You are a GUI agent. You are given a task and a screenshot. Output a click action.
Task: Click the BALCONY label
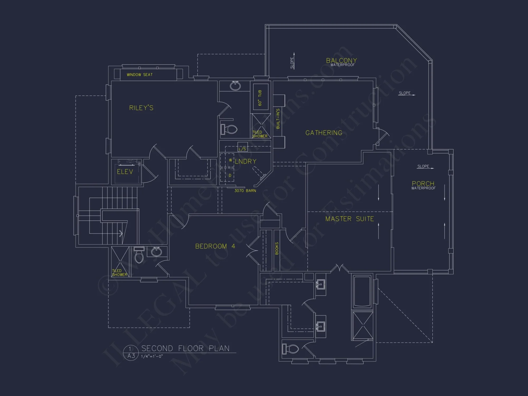coord(341,61)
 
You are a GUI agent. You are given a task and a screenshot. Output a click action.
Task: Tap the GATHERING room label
coord(324,133)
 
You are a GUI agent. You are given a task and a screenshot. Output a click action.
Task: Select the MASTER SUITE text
coord(350,219)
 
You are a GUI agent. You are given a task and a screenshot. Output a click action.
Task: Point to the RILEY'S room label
coord(141,108)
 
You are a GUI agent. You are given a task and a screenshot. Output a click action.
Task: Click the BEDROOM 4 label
coord(215,246)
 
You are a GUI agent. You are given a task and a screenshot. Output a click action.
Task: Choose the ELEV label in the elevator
coord(125,172)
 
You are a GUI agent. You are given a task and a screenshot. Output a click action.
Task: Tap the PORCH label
coord(423,183)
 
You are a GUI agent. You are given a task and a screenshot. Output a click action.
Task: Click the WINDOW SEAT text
coord(140,75)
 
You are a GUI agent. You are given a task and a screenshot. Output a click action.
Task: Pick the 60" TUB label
coord(260,98)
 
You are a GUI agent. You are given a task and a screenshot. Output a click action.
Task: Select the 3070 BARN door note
coord(245,191)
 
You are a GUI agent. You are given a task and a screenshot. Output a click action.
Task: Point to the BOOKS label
coord(277,248)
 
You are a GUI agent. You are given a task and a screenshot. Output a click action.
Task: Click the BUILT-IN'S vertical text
coord(278,119)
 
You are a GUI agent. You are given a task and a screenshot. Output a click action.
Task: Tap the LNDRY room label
coord(246,161)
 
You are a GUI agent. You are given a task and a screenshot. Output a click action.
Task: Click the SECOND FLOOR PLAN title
coord(185,348)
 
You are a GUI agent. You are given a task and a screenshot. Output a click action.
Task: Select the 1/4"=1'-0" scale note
coord(152,356)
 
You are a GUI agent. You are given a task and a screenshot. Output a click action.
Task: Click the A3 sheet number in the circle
coord(131,356)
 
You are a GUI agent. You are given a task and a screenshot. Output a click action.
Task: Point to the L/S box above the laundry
coord(242,149)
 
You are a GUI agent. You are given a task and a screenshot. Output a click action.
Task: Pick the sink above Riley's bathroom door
coord(235,86)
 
